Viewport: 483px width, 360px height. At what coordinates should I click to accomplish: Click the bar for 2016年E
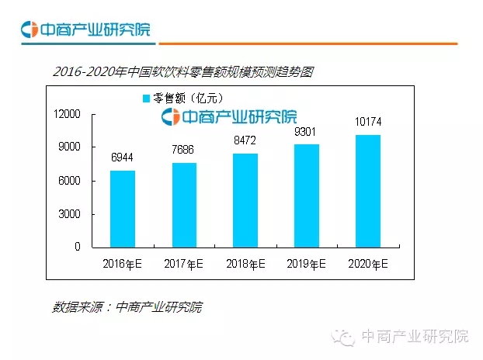(x=123, y=208)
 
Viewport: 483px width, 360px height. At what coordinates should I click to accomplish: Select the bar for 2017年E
(x=184, y=204)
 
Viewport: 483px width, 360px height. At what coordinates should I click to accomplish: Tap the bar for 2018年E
(x=245, y=199)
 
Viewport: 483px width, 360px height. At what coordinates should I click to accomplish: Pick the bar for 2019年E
(x=306, y=195)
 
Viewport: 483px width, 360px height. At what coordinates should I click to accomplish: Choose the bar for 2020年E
(x=367, y=190)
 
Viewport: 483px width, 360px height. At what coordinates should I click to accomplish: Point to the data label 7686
(x=184, y=149)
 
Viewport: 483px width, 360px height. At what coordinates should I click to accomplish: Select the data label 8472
(x=245, y=140)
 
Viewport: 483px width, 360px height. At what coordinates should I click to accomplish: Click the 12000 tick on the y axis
(x=67, y=114)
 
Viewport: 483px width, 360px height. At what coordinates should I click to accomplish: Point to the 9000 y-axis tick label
(x=70, y=147)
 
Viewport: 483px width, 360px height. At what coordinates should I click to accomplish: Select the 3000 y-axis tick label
(x=70, y=214)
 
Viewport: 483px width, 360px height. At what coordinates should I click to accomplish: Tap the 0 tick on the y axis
(x=78, y=247)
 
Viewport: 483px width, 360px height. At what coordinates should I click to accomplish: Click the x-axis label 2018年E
(x=245, y=264)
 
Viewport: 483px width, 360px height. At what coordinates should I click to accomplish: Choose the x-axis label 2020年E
(x=367, y=264)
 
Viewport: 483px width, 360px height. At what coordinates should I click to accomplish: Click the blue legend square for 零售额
(x=145, y=99)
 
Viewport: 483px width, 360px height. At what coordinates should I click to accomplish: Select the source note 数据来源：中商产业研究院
(x=127, y=307)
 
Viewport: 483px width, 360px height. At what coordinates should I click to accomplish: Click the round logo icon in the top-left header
(x=30, y=30)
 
